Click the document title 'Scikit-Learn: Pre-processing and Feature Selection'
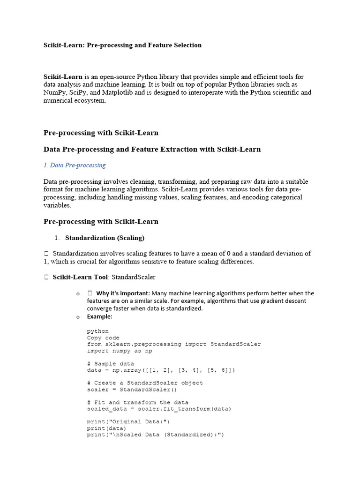[x=122, y=45]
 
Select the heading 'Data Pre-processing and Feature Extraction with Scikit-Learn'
[x=152, y=149]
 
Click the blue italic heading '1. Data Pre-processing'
[x=75, y=165]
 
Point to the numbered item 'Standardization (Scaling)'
[x=105, y=238]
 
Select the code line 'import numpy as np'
[x=119, y=351]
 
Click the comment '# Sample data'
[x=110, y=364]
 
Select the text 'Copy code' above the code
[x=103, y=337]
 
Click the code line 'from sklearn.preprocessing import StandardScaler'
[x=174, y=344]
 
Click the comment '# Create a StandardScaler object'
[x=145, y=383]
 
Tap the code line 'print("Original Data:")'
[x=128, y=422]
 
